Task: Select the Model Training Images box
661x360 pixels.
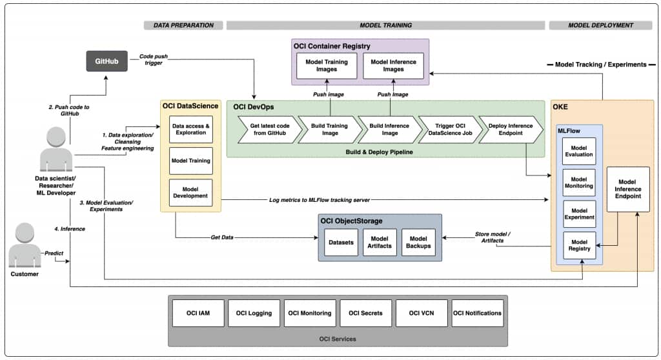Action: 327,66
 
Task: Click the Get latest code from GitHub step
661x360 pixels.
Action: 268,129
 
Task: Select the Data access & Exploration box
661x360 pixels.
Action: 190,129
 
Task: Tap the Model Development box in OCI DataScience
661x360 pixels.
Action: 190,192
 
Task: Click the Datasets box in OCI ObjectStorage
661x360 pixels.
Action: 341,242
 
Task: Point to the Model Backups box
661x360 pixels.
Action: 418,242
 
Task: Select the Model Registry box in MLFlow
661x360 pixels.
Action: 579,243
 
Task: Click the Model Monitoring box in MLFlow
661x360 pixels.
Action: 579,183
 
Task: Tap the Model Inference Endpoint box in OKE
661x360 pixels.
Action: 628,189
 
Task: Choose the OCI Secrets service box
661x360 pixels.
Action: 365,313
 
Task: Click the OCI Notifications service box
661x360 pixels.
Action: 477,313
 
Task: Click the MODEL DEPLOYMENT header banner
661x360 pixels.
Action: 600,25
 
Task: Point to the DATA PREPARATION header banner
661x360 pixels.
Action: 183,25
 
